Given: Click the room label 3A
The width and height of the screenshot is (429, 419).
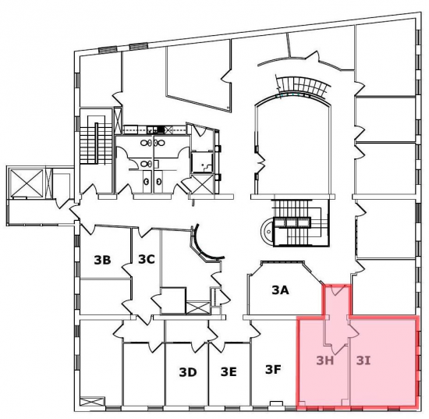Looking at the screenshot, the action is [x=281, y=290].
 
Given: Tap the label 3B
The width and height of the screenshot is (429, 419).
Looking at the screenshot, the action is [x=102, y=260].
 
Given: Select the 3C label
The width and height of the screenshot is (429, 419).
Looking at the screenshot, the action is [x=147, y=259].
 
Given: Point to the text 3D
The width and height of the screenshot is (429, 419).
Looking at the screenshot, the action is [x=188, y=372].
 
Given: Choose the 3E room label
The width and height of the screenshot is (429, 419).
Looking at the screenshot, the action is [x=229, y=372].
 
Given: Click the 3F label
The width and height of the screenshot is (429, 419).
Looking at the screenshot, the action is [x=273, y=370].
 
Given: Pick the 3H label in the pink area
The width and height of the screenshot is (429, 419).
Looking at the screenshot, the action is [x=324, y=360].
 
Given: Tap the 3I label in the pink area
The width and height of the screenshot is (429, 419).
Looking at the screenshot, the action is [x=363, y=360].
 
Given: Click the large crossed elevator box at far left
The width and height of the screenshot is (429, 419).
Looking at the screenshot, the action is [x=27, y=183].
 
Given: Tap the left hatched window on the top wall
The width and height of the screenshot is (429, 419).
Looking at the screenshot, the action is [x=108, y=49].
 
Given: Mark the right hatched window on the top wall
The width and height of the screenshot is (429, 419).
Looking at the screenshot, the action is [x=139, y=47].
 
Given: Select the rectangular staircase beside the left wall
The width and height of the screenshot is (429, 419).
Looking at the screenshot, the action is [x=92, y=140].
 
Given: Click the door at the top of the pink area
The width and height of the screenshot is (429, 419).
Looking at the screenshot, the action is [x=336, y=290].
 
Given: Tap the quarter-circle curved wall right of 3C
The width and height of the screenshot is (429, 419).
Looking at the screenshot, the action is [x=208, y=244].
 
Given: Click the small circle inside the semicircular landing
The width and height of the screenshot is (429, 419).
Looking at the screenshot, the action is [x=269, y=232].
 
